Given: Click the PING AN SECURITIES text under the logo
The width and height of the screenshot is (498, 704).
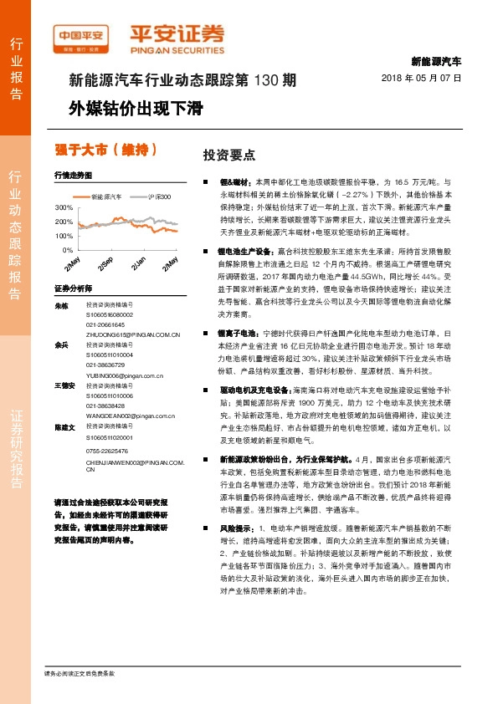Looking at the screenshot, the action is point(177,49).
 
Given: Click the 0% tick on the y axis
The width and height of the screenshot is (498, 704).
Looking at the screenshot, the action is point(68,250).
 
